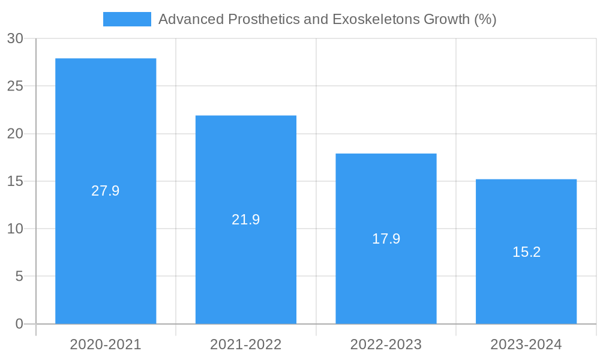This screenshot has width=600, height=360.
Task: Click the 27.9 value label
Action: (x=106, y=191)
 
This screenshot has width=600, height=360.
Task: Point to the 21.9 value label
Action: (x=246, y=220)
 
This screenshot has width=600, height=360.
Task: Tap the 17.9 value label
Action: (x=386, y=239)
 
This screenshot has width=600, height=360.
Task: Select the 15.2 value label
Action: (x=526, y=252)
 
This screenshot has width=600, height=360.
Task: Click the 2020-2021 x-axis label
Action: (x=106, y=344)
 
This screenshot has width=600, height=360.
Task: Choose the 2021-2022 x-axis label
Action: (x=246, y=344)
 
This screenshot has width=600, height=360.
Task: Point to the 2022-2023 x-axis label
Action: (x=386, y=344)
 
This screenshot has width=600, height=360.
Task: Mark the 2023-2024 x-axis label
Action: (x=526, y=344)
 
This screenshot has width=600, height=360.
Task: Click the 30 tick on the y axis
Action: (x=16, y=38)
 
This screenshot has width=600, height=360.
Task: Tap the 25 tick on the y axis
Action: (x=16, y=86)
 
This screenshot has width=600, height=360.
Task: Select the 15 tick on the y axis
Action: (x=16, y=181)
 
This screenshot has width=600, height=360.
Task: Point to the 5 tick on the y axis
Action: (x=19, y=277)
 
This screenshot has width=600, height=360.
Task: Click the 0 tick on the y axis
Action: (x=19, y=324)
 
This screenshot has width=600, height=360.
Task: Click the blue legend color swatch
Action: (x=127, y=19)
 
